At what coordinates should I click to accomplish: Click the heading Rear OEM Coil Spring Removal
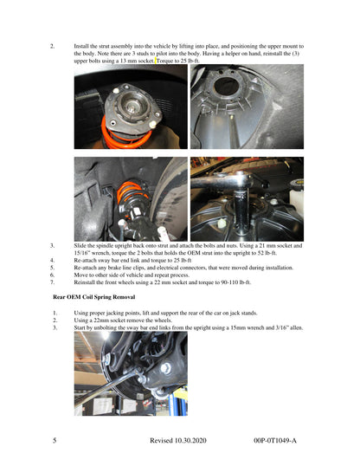coord(93,297)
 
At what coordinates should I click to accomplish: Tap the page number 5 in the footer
coord(55,440)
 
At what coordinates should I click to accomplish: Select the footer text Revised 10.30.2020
coord(178,440)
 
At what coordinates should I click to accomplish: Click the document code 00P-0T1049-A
coord(275,440)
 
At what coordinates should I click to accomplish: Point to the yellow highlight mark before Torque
coord(156,61)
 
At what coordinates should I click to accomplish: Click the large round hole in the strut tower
coord(226,87)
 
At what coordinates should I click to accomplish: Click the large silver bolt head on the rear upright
coord(166,368)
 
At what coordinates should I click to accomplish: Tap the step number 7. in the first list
coord(52,282)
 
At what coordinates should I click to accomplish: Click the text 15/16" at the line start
coord(80,253)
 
